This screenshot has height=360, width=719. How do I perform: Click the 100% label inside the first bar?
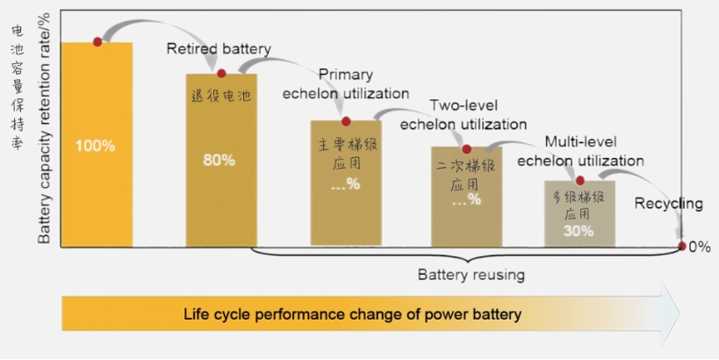(x=95, y=146)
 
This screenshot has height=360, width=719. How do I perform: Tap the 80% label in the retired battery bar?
(x=219, y=161)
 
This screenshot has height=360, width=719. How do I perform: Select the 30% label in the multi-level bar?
(x=579, y=231)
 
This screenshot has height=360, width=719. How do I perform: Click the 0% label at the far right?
(x=699, y=248)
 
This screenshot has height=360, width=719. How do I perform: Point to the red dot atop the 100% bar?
(x=97, y=42)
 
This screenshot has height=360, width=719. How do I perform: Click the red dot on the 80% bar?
(x=221, y=74)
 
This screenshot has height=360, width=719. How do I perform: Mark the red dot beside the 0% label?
(x=682, y=247)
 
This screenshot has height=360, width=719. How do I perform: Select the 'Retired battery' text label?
(x=219, y=49)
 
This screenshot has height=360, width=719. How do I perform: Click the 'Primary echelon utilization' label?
(x=346, y=84)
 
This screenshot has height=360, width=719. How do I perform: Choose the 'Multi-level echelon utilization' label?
(x=580, y=151)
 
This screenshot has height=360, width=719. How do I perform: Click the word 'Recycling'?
(x=668, y=205)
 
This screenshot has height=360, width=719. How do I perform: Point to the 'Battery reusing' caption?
(x=471, y=275)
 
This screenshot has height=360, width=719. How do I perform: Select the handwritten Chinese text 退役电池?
(x=221, y=96)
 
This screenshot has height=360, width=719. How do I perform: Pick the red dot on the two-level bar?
(x=467, y=149)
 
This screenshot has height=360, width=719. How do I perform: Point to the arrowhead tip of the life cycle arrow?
(x=679, y=313)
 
